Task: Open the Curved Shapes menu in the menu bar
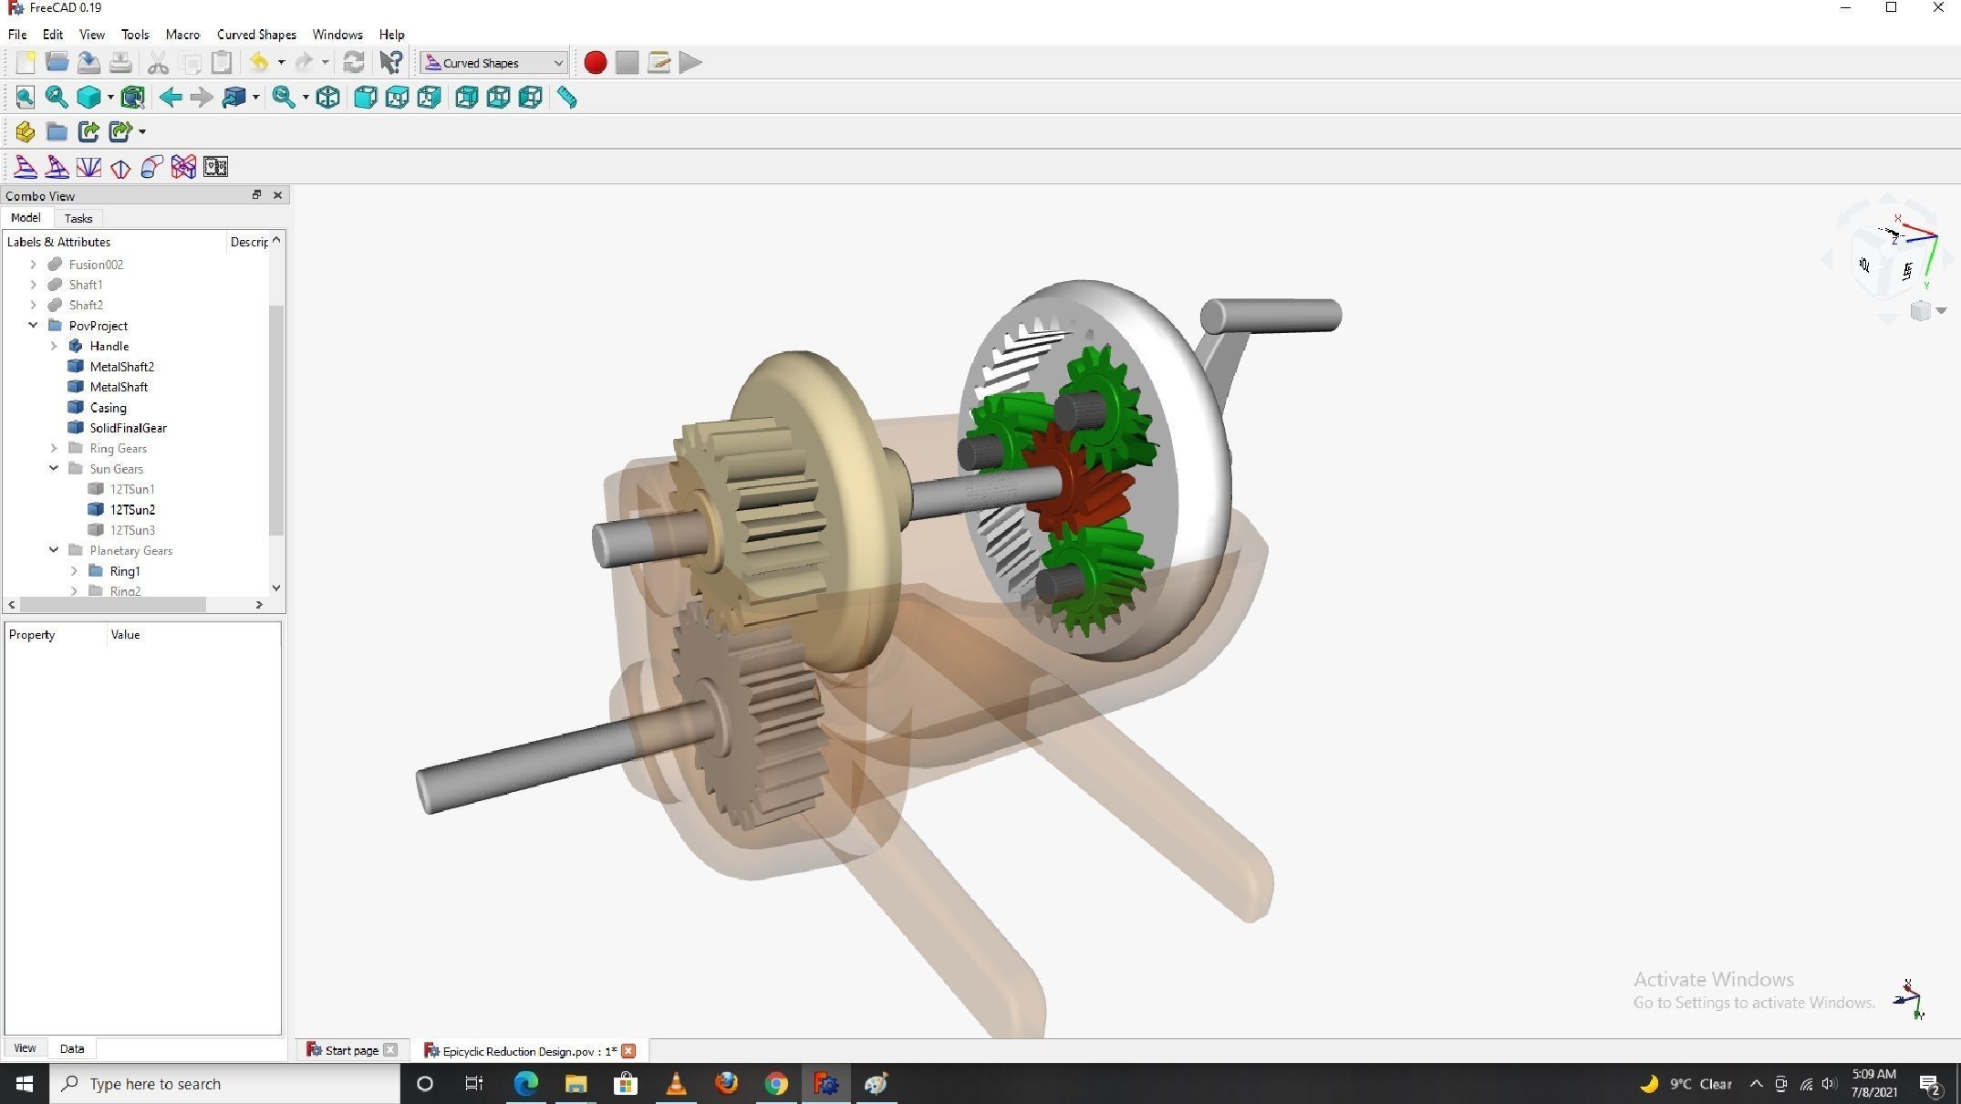pyautogui.click(x=256, y=35)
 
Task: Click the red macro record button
pyautogui.click(x=595, y=63)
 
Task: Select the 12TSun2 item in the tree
pyautogui.click(x=132, y=510)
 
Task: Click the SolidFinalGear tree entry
pyautogui.click(x=128, y=428)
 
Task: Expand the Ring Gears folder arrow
pyautogui.click(x=54, y=449)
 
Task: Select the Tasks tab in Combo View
pyautogui.click(x=78, y=219)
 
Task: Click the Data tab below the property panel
pyautogui.click(x=72, y=1049)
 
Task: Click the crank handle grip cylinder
pyautogui.click(x=1272, y=316)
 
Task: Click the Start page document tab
pyautogui.click(x=351, y=1051)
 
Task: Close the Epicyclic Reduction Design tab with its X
pyautogui.click(x=628, y=1051)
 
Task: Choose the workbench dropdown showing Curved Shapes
pyautogui.click(x=493, y=63)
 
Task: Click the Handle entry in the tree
pyautogui.click(x=109, y=347)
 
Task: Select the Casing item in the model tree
pyautogui.click(x=108, y=408)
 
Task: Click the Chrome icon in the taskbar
pyautogui.click(x=776, y=1084)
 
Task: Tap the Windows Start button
pyautogui.click(x=25, y=1084)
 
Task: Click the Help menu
pyautogui.click(x=391, y=35)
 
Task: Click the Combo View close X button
pyautogui.click(x=277, y=195)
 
